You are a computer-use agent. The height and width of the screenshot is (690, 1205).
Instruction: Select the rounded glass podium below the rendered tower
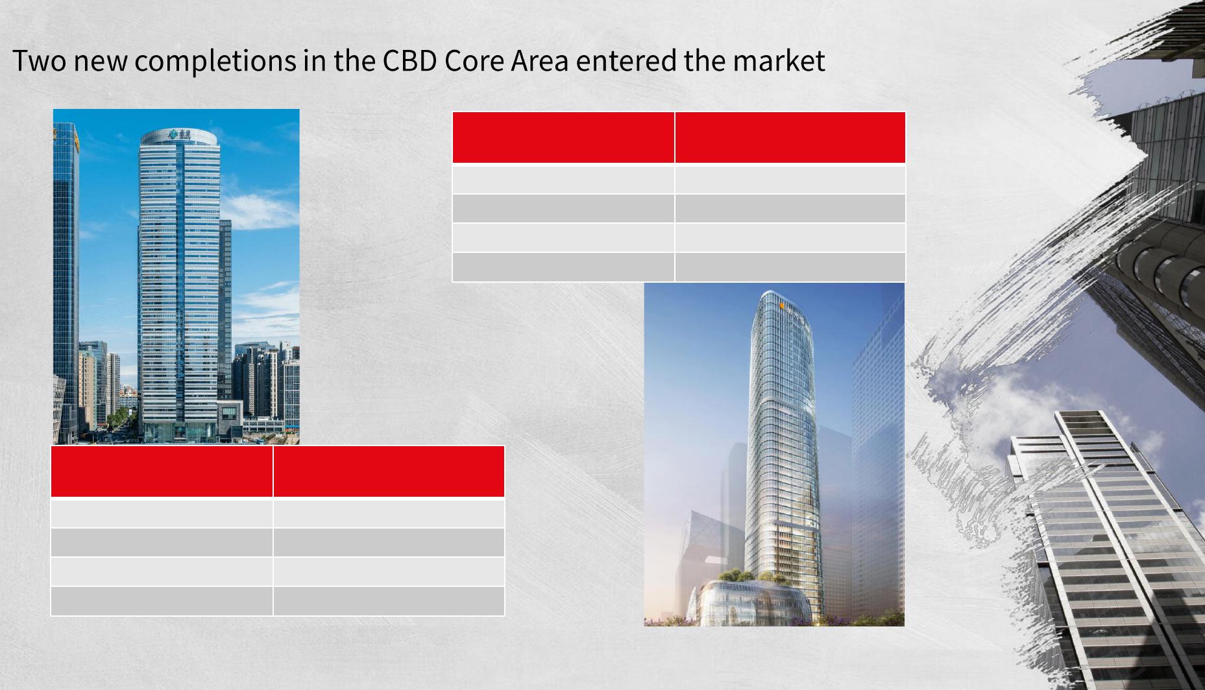point(749,603)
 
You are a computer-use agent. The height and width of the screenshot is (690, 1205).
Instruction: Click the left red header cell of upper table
point(563,137)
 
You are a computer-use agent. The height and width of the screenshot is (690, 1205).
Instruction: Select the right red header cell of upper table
point(790,137)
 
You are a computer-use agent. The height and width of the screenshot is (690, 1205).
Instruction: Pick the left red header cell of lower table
point(162,471)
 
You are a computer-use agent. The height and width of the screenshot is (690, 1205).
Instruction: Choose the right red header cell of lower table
point(389,471)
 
